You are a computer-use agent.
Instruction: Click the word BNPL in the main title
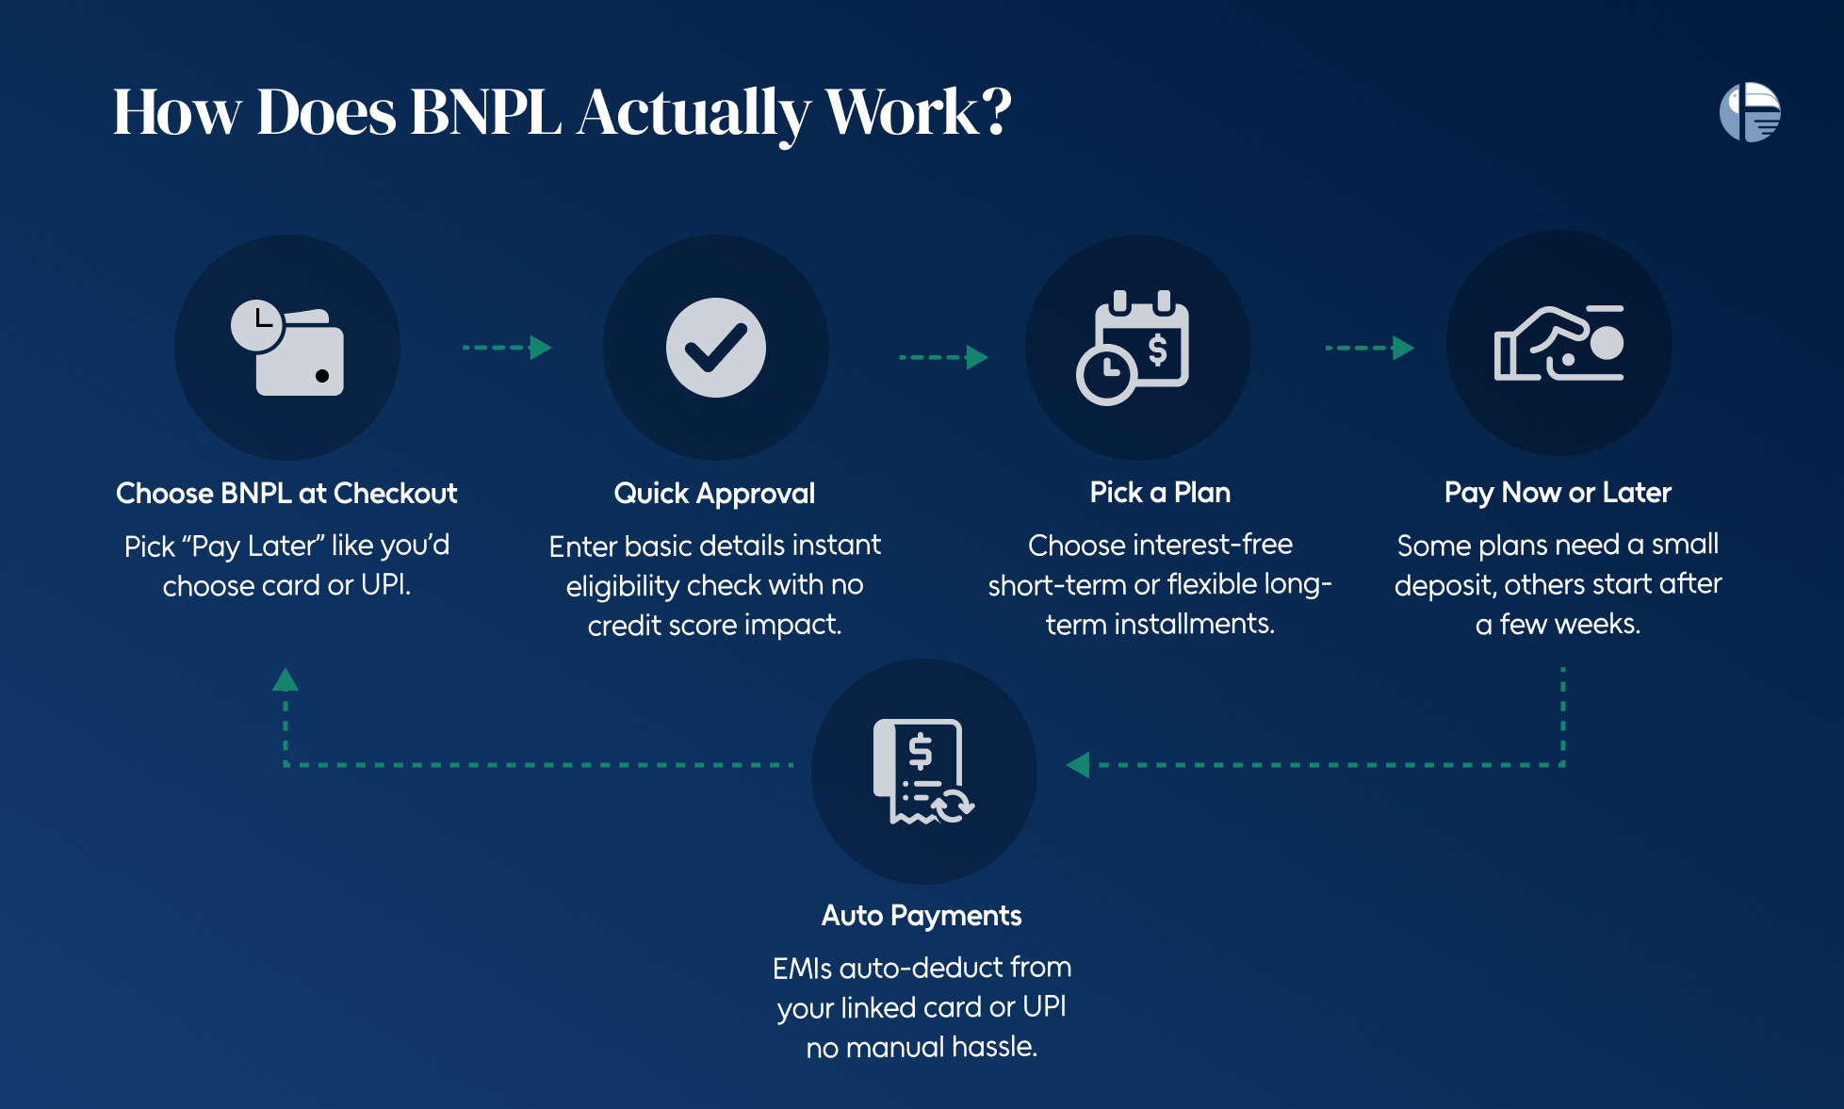(x=485, y=112)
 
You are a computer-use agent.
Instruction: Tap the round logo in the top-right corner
(x=1750, y=112)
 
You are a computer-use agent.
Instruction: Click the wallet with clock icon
(x=287, y=348)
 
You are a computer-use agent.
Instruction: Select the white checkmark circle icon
(x=716, y=348)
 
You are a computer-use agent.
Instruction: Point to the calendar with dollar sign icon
(x=1134, y=348)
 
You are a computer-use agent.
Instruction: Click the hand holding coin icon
(x=1559, y=343)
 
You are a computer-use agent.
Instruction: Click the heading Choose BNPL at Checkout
(x=286, y=493)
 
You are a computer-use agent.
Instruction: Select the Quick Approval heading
(x=714, y=494)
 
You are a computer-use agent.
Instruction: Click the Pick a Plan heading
(x=1160, y=492)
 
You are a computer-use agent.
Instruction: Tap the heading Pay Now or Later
(x=1558, y=493)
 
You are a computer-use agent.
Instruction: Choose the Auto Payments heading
(x=922, y=916)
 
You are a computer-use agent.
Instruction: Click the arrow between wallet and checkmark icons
(x=507, y=348)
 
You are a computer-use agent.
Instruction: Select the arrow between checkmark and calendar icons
(x=943, y=357)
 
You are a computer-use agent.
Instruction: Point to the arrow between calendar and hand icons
(x=1370, y=348)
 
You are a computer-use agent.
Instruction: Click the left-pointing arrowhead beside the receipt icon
(x=1078, y=765)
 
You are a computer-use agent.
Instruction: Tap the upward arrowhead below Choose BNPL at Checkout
(x=286, y=679)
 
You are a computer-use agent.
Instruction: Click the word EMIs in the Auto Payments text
(x=802, y=968)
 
